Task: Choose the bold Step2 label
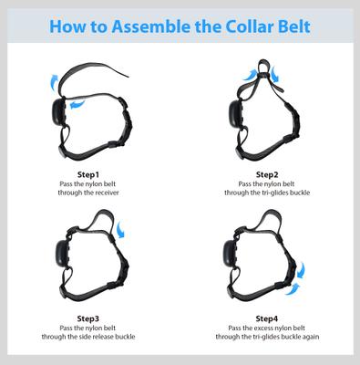267,174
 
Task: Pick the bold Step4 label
267,318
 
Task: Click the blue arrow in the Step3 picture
122,235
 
